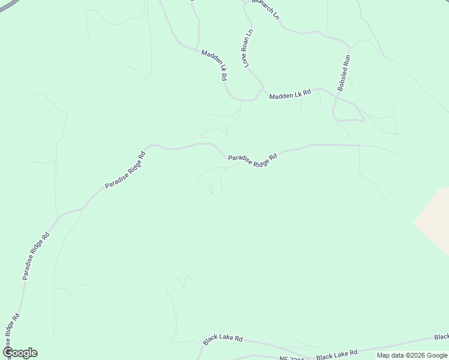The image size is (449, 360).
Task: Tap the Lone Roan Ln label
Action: coord(247,47)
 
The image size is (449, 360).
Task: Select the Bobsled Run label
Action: coord(344,73)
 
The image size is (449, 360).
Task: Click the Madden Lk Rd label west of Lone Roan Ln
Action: coord(214,65)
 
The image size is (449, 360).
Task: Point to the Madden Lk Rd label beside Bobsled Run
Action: coord(290,94)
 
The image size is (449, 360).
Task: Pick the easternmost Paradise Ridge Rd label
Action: coord(252,160)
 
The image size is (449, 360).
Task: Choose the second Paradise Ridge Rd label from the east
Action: coord(125,170)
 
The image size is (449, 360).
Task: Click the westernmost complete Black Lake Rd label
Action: coord(222,339)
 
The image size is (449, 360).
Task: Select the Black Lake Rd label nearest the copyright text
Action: coord(337,353)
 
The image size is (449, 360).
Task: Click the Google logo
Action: coord(20,353)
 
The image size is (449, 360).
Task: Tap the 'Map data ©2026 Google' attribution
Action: coord(412,355)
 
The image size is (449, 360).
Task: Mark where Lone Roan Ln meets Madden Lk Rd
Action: coord(262,90)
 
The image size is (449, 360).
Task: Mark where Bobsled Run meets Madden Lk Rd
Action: coord(335,95)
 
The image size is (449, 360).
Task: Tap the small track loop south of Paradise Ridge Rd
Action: coord(211,191)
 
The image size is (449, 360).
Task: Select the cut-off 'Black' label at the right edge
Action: coord(441,337)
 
